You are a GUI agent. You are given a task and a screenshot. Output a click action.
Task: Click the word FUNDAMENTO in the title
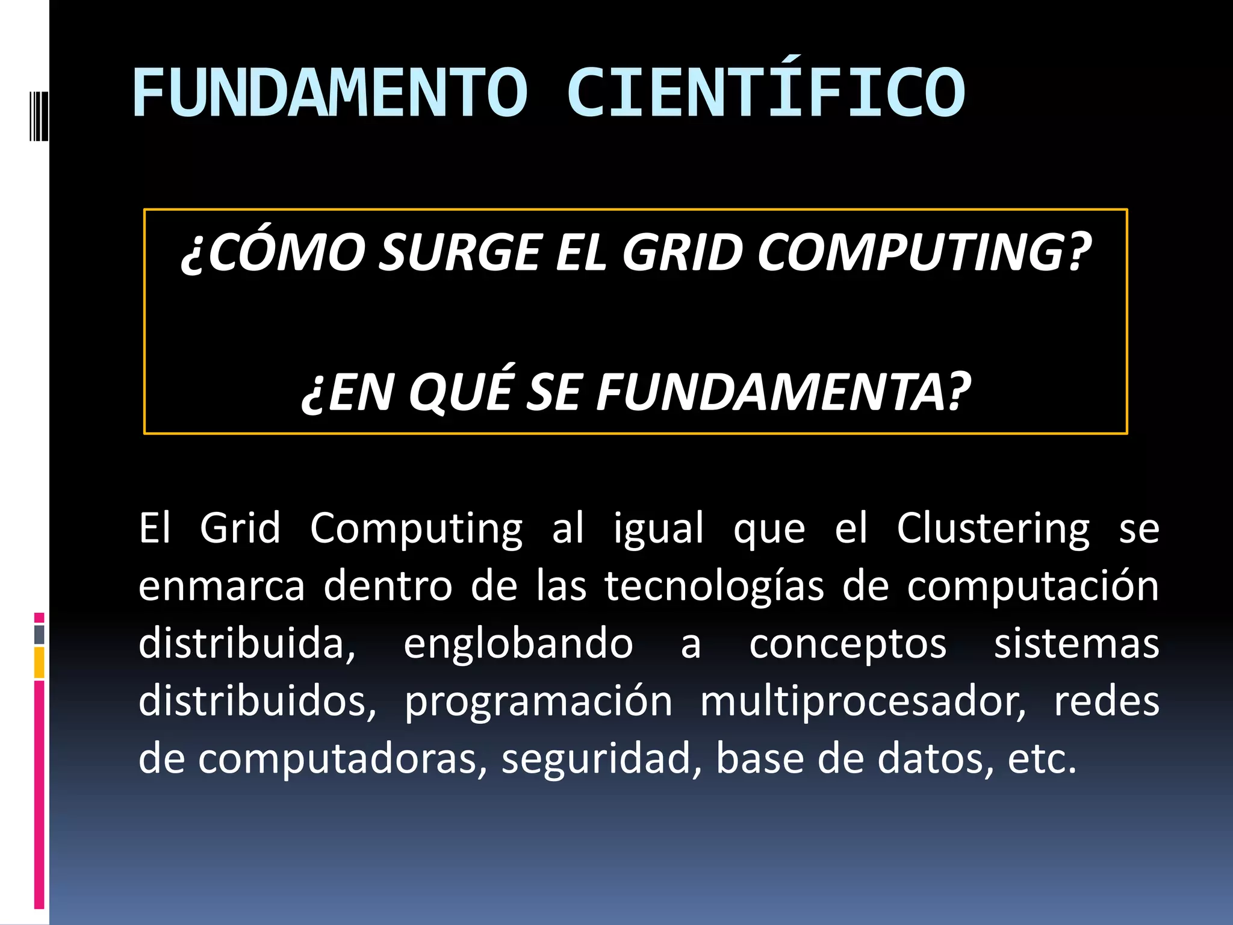tap(330, 93)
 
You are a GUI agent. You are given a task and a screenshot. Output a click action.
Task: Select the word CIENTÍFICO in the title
tap(766, 93)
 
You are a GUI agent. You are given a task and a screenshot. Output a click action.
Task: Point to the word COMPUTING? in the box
tap(924, 252)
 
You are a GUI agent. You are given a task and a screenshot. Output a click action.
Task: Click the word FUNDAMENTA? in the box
tap(783, 391)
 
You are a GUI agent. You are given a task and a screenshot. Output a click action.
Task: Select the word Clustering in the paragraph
tap(993, 529)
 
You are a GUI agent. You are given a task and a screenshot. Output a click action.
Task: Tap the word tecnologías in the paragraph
tap(714, 587)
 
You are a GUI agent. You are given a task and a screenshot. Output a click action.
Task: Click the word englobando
tap(518, 644)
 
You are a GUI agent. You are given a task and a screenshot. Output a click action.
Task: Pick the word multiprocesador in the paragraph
tap(862, 702)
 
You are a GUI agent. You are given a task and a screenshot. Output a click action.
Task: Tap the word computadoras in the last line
tap(342, 759)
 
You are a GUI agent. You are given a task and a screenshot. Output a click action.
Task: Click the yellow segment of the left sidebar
tap(39, 662)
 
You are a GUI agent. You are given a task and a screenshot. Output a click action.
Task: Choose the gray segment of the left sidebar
tap(39, 634)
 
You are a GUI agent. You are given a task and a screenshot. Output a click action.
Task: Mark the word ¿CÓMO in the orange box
tap(273, 252)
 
